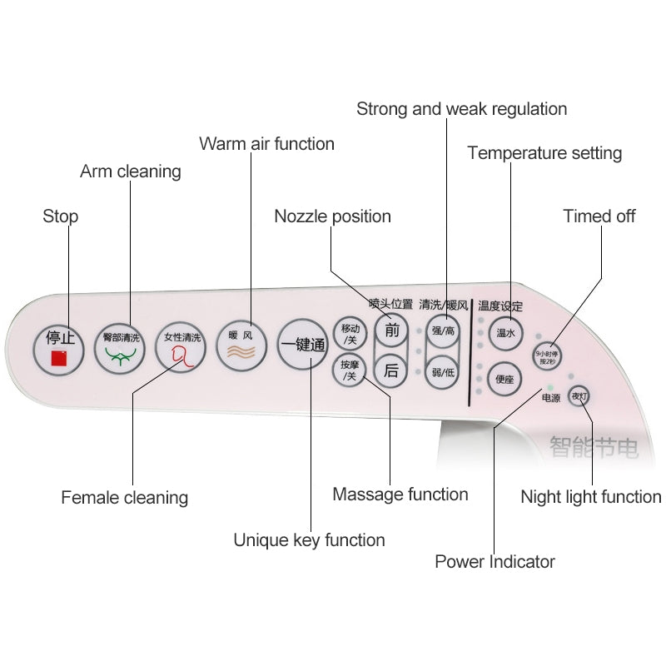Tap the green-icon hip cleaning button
120,349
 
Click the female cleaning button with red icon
181,347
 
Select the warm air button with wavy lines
241,345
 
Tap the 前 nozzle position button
391,331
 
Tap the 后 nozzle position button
391,371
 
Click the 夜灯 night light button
579,396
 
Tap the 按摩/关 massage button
350,370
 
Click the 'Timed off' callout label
599,216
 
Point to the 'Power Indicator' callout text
495,562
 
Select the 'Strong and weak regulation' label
462,109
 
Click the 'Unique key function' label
309,540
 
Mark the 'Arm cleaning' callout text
131,171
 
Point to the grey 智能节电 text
594,448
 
